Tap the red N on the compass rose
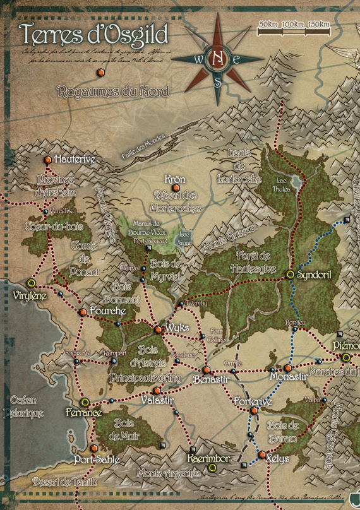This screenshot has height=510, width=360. [x=218, y=58]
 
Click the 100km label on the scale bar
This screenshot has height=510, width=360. [x=292, y=24]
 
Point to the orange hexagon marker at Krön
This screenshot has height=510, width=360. [x=176, y=188]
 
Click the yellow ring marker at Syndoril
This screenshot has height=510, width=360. [x=290, y=274]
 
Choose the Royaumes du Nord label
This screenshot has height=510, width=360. [x=113, y=92]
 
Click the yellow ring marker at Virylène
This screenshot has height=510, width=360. [x=31, y=283]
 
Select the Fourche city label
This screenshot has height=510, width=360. [x=108, y=311]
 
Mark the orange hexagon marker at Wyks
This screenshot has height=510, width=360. [x=158, y=329]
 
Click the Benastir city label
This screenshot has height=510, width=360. [x=211, y=379]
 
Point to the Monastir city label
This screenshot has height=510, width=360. [x=288, y=377]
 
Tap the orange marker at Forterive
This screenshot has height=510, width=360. [x=254, y=411]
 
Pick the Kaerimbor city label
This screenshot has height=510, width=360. [x=209, y=458]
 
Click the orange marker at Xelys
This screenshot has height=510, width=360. [x=261, y=454]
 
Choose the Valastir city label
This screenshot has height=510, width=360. [x=157, y=401]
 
